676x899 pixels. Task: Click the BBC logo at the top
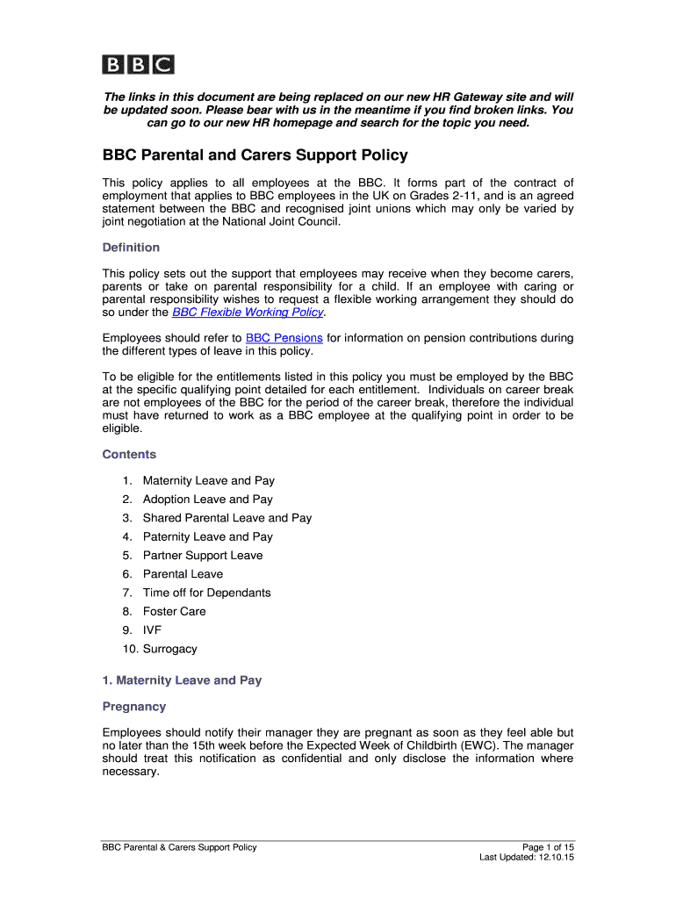138,64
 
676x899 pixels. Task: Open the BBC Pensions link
284,338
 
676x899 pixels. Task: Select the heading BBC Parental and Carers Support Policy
255,155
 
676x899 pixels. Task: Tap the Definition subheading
131,248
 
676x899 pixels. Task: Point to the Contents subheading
129,454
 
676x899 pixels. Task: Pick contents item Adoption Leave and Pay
208,500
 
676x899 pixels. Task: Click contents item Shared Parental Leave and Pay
227,518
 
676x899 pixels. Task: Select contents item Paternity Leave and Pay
208,536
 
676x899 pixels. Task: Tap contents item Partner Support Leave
203,556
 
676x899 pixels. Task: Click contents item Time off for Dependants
207,593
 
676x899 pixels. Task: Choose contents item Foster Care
175,611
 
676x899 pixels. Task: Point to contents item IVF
153,630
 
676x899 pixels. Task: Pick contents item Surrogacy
170,649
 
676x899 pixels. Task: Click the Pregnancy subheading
134,706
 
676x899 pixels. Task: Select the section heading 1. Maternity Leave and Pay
182,680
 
